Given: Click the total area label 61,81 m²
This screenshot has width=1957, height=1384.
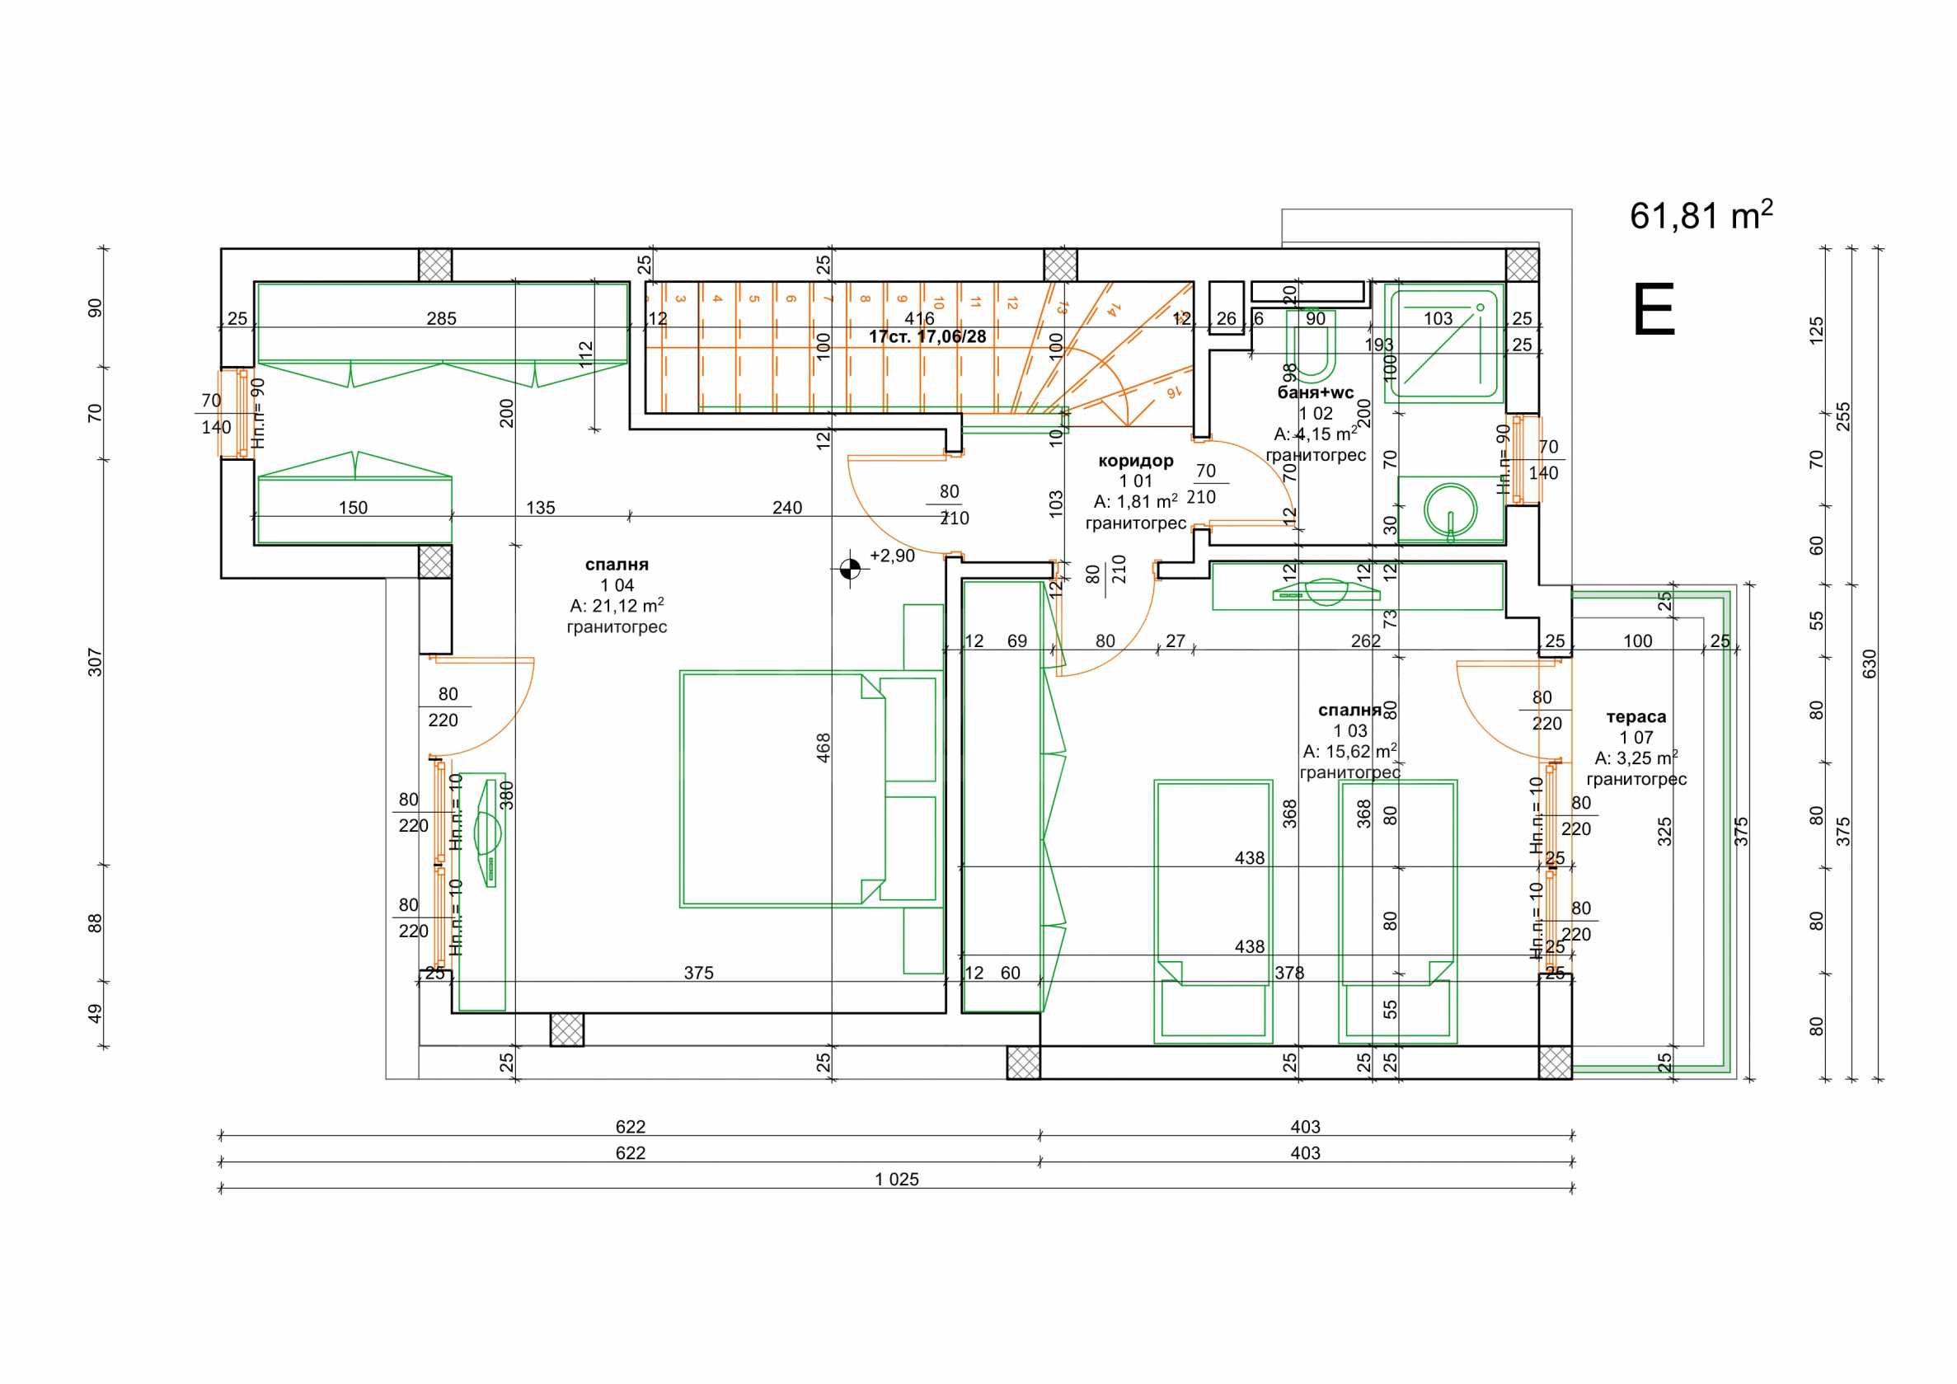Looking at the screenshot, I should pos(1700,216).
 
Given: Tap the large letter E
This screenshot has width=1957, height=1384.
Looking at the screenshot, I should pos(1654,311).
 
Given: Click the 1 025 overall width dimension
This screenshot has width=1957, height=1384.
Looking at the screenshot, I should pos(897,1180).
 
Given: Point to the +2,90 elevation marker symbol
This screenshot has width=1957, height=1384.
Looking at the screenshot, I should pos(850,569).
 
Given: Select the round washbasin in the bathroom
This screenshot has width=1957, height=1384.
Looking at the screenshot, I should pos(1449,509).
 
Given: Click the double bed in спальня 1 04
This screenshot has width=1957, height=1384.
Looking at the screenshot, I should pos(810,789).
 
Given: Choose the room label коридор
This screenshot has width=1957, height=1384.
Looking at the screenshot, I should pos(1135,461).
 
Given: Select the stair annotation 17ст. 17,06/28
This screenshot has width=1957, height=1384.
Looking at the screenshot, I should pos(927,336).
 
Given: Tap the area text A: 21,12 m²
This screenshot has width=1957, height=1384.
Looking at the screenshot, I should pos(617,606).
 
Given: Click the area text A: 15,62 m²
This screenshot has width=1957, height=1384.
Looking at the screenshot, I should pos(1349,752).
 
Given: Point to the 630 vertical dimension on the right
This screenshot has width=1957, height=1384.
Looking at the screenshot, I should pos(1870,664).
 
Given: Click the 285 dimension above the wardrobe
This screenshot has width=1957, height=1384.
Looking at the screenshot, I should pos(442,319).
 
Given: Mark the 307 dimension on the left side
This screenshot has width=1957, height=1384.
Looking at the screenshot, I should pos(95,662).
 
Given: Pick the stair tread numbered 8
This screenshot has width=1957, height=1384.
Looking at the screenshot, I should pos(864,299).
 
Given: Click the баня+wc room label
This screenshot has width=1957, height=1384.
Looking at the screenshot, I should pos(1315,393).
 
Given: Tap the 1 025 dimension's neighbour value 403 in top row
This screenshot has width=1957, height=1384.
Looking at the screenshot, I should pos(1305,1127).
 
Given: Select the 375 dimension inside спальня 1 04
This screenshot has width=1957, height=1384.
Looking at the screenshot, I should pos(698,973).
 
